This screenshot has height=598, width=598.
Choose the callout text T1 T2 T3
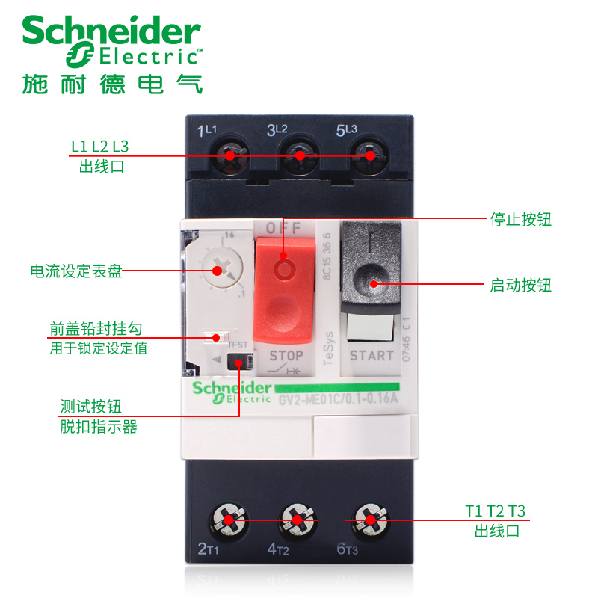496,511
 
